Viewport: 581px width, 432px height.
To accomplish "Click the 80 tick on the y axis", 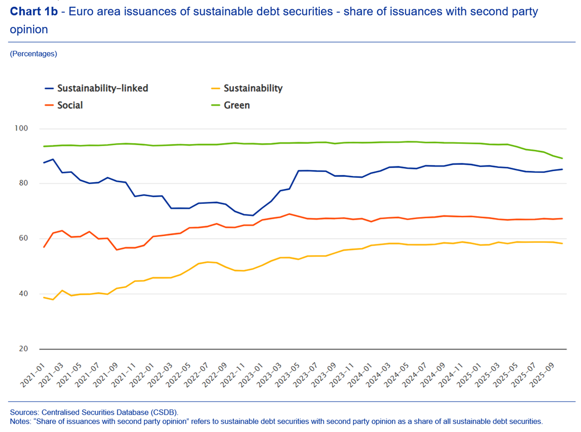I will [x=23, y=184].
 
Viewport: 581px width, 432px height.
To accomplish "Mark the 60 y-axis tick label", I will [x=23, y=239].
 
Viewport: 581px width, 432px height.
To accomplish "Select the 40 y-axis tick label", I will [x=23, y=294].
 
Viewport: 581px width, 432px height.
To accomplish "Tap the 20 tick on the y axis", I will [x=23, y=349].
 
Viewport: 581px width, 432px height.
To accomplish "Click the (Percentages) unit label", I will [x=33, y=54].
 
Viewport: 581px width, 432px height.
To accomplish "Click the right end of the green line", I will [x=562, y=158].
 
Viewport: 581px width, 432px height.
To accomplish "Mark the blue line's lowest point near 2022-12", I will [x=253, y=216].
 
